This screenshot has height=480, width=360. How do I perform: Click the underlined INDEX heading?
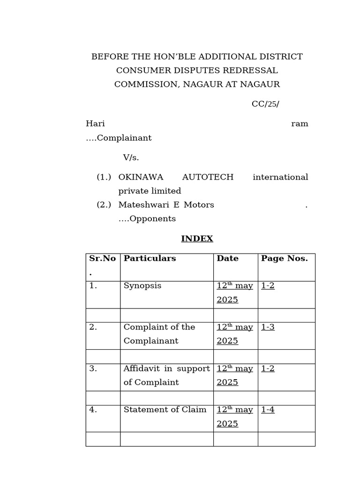(197, 239)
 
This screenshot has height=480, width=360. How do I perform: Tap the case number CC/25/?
(265, 104)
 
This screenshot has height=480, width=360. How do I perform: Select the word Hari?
(95, 124)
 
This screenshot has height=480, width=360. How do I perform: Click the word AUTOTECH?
(208, 177)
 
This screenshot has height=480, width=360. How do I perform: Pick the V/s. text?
(131, 157)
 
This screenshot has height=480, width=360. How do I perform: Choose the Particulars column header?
(150, 258)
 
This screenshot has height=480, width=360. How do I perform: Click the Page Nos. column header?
(284, 258)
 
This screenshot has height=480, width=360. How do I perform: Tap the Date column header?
(227, 258)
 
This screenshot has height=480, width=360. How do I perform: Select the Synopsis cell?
(142, 286)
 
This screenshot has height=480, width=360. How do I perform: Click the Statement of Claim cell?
(165, 410)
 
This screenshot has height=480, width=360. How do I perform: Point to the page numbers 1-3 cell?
(268, 327)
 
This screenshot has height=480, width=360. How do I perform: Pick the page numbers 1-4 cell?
(268, 410)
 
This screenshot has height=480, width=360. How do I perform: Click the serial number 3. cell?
(93, 368)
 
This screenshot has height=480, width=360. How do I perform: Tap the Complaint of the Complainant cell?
(159, 334)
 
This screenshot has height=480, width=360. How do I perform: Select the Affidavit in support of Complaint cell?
(166, 375)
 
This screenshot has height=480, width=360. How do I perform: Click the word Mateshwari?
(140, 205)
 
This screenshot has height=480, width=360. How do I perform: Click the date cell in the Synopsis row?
(235, 292)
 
